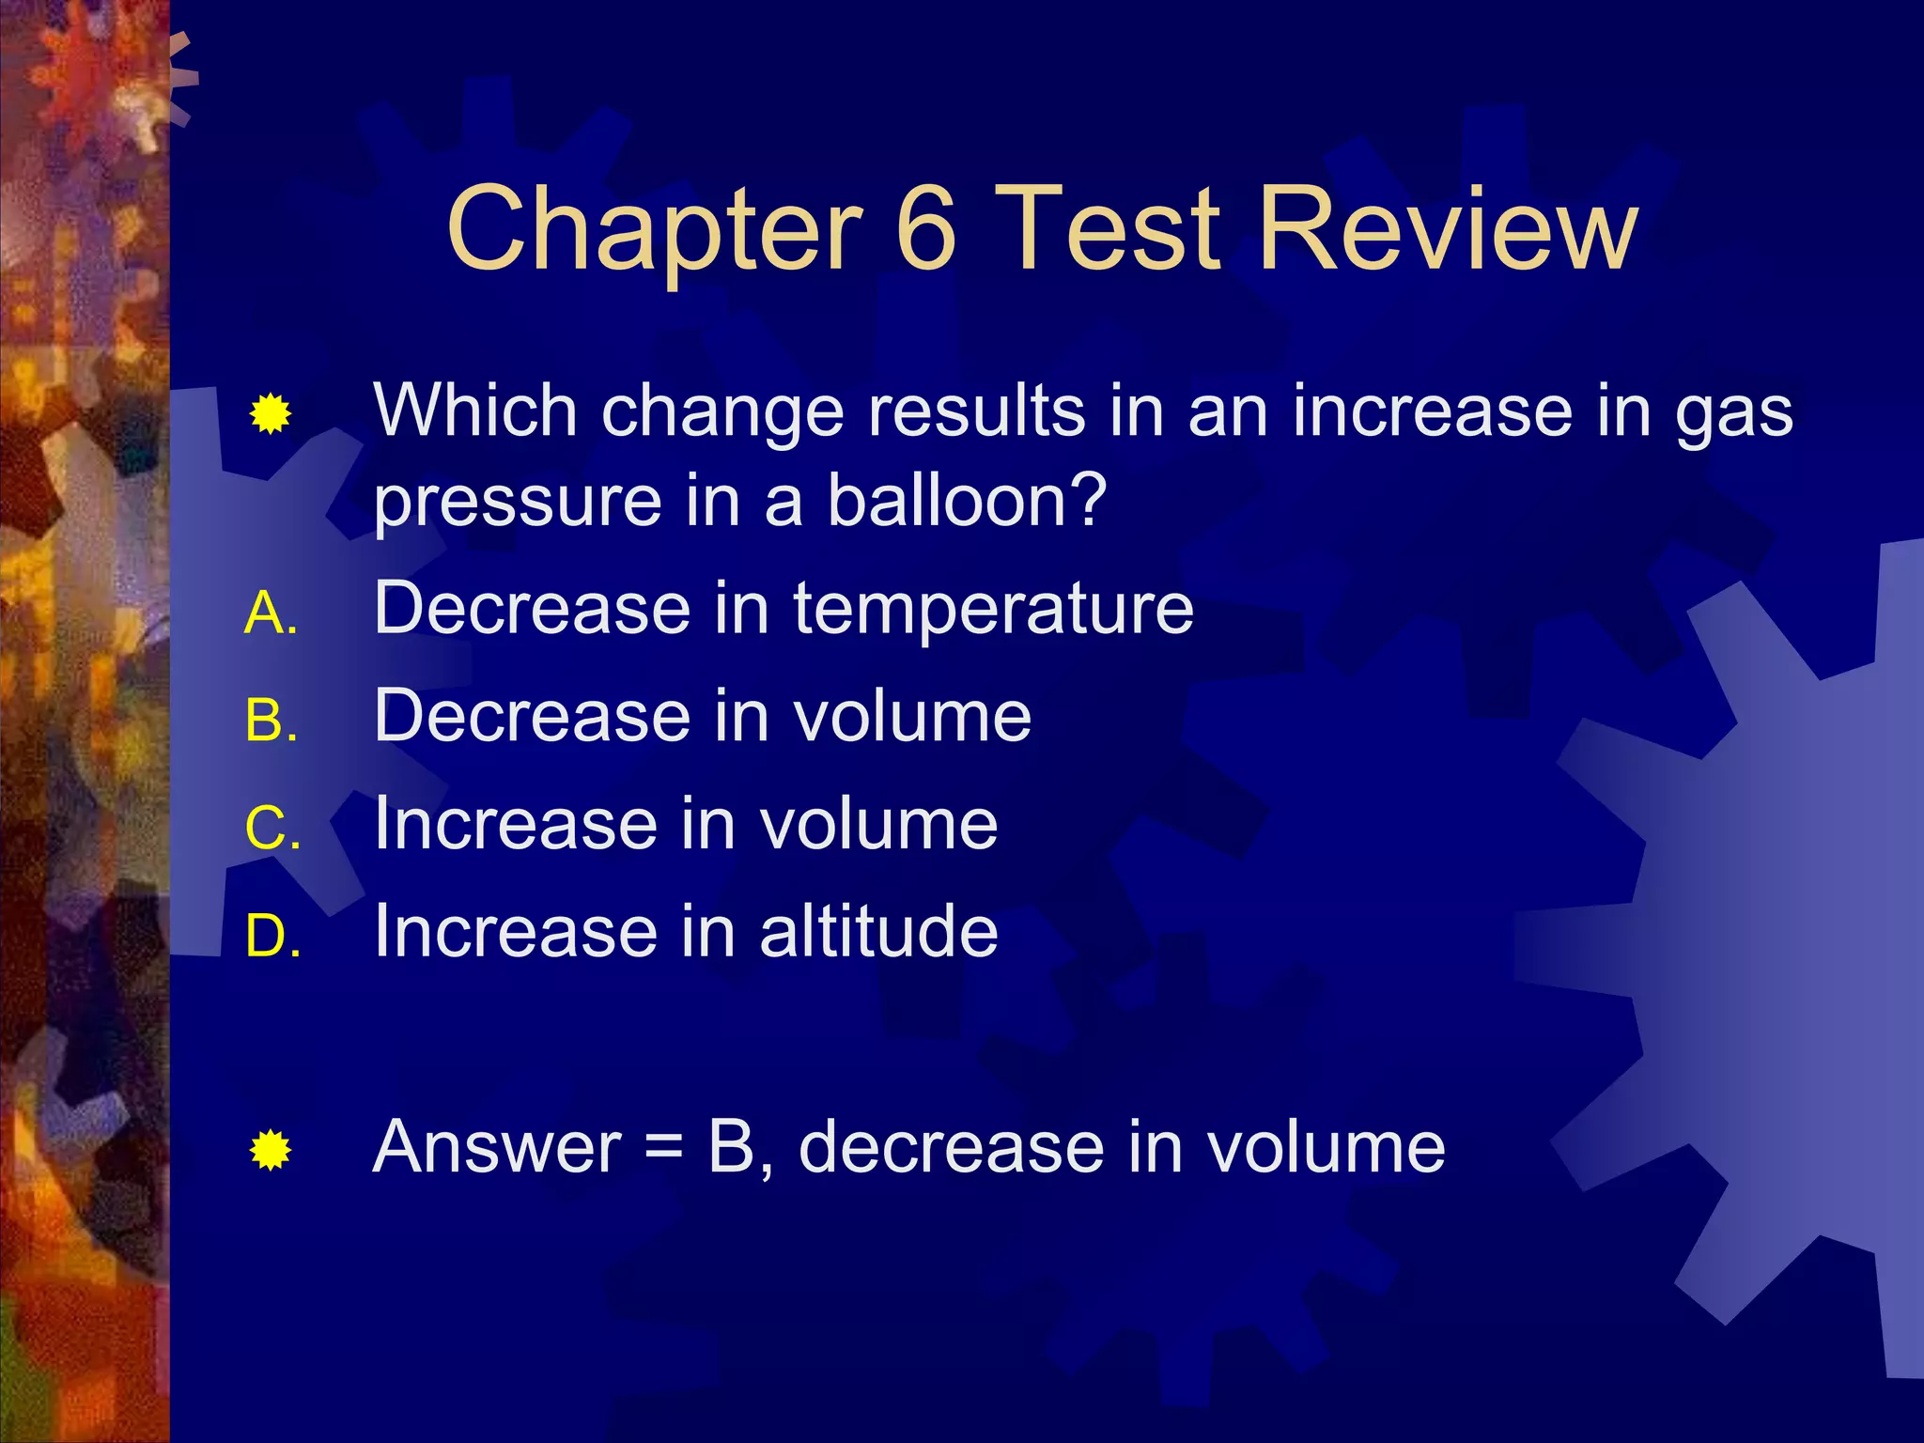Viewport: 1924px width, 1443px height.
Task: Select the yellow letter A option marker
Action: [x=270, y=615]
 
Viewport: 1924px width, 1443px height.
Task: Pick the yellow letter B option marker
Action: [x=270, y=722]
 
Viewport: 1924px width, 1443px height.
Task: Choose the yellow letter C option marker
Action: [x=272, y=830]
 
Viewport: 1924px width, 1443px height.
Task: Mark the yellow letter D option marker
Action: [x=272, y=937]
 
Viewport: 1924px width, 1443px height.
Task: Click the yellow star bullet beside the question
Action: [x=270, y=414]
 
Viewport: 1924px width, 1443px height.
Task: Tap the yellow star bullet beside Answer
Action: [x=270, y=1151]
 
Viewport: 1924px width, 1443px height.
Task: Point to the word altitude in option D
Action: [x=878, y=931]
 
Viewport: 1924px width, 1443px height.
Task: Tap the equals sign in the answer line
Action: [x=664, y=1149]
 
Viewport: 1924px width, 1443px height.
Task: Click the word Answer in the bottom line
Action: [x=497, y=1147]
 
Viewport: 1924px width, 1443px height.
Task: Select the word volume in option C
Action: [x=878, y=824]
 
